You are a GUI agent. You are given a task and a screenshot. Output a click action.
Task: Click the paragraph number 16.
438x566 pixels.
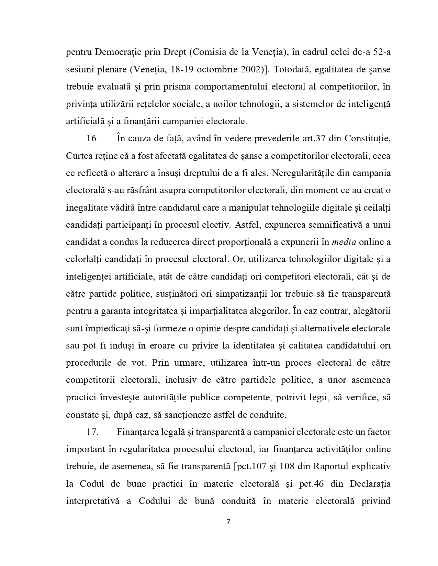click(x=92, y=138)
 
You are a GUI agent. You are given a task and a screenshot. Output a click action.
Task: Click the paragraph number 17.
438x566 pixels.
click(x=92, y=432)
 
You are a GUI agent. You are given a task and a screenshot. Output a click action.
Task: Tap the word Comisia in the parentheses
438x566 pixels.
click(x=207, y=52)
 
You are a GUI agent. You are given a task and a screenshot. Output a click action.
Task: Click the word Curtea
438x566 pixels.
click(x=79, y=156)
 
